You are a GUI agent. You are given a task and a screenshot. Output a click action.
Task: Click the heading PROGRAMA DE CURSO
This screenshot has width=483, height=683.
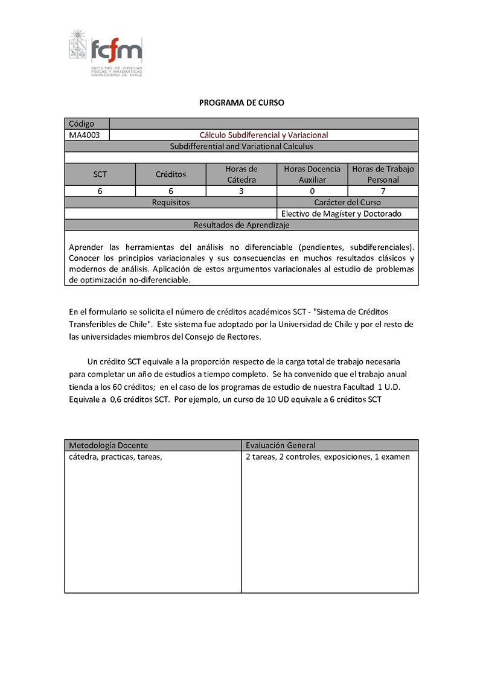click(x=241, y=103)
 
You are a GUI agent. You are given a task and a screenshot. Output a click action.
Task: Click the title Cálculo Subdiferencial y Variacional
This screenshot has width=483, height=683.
click(x=264, y=135)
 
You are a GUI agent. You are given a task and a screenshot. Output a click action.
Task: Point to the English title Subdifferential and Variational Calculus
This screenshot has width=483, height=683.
click(x=241, y=147)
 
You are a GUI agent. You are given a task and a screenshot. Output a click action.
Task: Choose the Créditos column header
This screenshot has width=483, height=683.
click(x=171, y=174)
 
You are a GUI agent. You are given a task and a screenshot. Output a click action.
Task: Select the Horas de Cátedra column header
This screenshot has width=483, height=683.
click(x=241, y=174)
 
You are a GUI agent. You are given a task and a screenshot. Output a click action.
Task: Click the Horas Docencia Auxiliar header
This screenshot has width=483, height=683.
click(x=312, y=174)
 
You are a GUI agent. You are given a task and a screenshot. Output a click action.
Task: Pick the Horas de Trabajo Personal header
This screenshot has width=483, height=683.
click(x=383, y=174)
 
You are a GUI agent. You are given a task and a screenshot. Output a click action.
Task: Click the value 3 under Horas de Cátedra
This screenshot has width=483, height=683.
click(x=241, y=191)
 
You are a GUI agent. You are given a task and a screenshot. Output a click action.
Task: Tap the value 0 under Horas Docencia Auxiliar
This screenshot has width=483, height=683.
click(x=312, y=191)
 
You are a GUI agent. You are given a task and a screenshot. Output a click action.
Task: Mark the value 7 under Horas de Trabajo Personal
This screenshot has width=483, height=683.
click(x=383, y=191)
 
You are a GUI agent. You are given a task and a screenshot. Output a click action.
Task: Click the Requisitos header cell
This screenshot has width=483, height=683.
click(x=171, y=203)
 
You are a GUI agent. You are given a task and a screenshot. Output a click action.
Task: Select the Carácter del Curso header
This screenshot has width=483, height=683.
click(x=347, y=203)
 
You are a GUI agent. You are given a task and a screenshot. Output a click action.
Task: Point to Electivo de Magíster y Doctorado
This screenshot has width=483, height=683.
click(x=341, y=214)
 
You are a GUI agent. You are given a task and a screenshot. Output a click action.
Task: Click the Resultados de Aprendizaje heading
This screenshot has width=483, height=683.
click(x=241, y=225)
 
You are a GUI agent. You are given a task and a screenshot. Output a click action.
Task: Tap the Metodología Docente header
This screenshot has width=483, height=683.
click(x=109, y=445)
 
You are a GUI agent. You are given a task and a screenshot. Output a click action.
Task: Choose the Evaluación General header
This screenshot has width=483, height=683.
click(x=281, y=445)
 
